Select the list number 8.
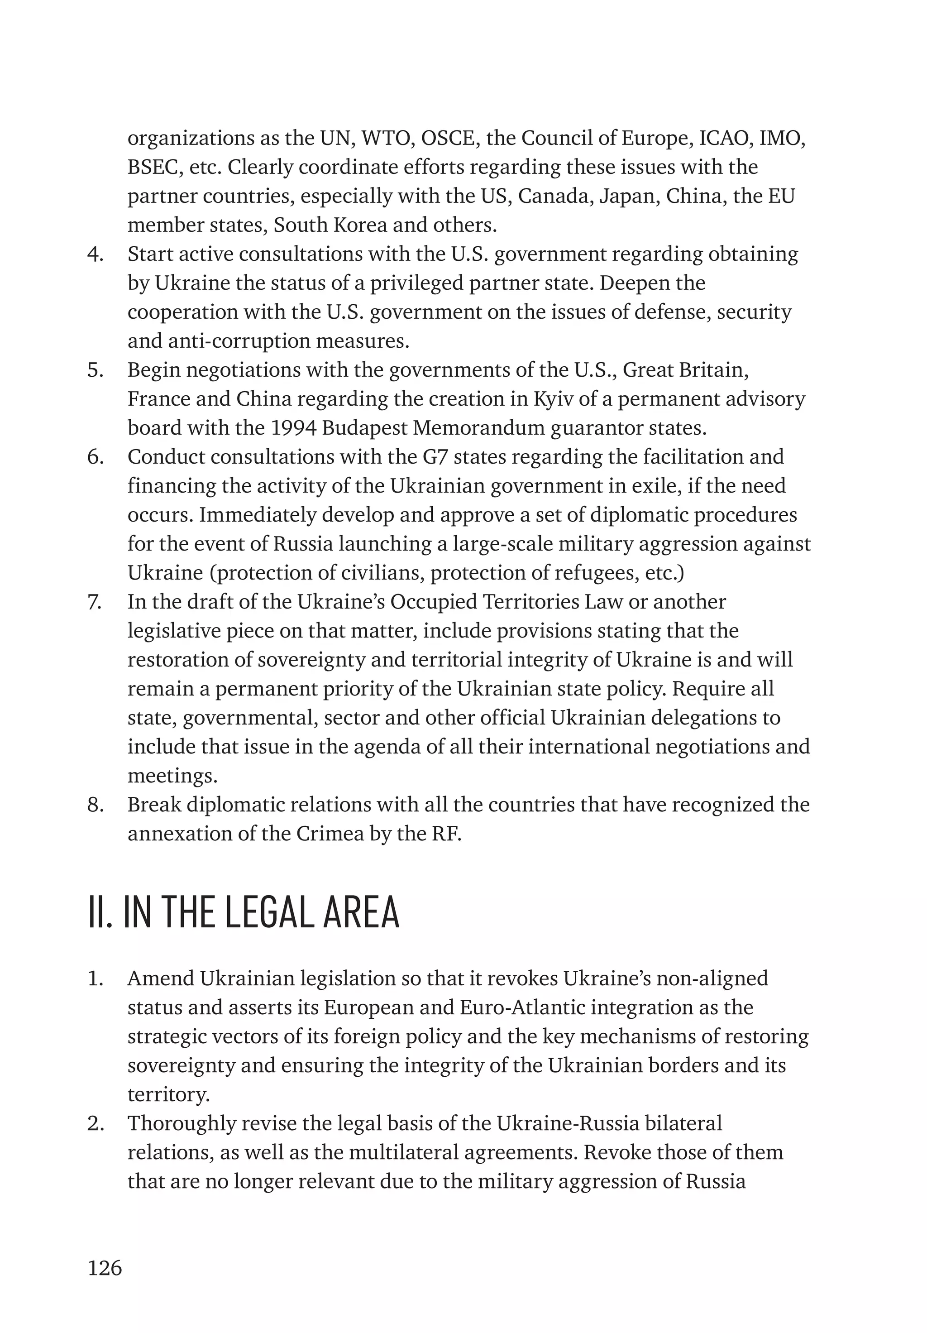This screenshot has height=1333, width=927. pyautogui.click(x=95, y=805)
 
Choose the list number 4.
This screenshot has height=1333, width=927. pyautogui.click(x=95, y=254)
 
